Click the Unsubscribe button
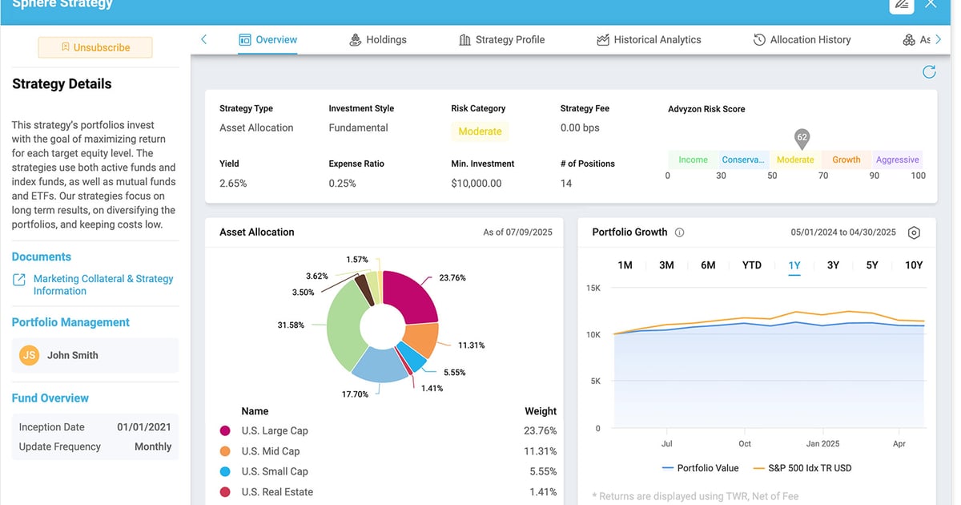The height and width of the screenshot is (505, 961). click(x=95, y=47)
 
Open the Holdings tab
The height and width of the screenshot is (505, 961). click(x=378, y=39)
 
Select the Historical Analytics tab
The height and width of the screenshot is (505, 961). click(x=649, y=39)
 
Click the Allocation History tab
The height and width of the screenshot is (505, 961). click(x=802, y=39)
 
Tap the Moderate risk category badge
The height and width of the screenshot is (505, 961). click(x=480, y=131)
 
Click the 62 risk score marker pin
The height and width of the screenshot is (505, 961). click(x=802, y=138)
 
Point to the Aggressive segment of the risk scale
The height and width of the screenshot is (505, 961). click(x=897, y=160)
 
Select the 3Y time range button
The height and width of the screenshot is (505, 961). click(x=833, y=265)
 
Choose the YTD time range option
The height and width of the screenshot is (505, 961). click(x=751, y=265)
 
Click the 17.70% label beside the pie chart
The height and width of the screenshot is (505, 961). click(x=355, y=394)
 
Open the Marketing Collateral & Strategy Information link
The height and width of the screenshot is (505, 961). click(x=103, y=285)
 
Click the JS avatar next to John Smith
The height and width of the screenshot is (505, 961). click(x=30, y=355)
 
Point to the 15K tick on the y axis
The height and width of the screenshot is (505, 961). click(x=593, y=288)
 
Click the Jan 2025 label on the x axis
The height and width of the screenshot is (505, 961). click(x=822, y=443)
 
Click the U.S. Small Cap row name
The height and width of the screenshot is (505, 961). click(x=275, y=471)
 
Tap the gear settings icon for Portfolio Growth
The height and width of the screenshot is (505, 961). click(x=914, y=232)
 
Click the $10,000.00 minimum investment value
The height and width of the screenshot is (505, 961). click(x=476, y=184)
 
